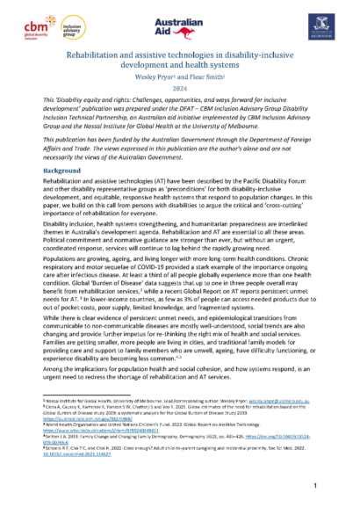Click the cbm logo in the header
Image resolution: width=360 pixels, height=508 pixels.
click(39, 25)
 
